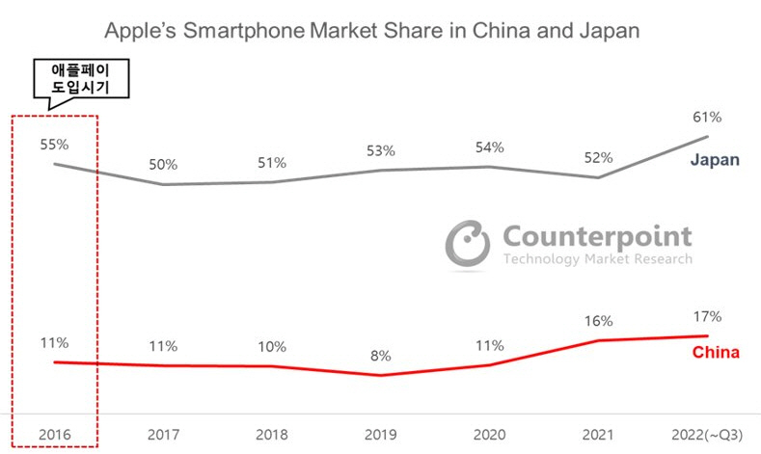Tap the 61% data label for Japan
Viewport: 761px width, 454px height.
707,117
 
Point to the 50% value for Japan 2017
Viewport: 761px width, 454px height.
162,166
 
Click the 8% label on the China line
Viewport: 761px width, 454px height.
380,356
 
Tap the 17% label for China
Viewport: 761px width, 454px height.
707,316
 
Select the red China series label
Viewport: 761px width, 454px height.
716,353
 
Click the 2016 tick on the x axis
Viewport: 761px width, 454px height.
54,434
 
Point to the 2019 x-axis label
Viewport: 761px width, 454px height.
381,434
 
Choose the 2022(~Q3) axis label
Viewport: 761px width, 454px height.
707,434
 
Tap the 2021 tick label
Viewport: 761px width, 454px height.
599,434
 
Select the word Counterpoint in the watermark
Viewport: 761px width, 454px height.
597,236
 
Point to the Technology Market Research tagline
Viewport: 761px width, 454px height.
597,259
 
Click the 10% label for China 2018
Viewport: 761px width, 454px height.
272,346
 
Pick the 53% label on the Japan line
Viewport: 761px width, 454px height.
380,150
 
